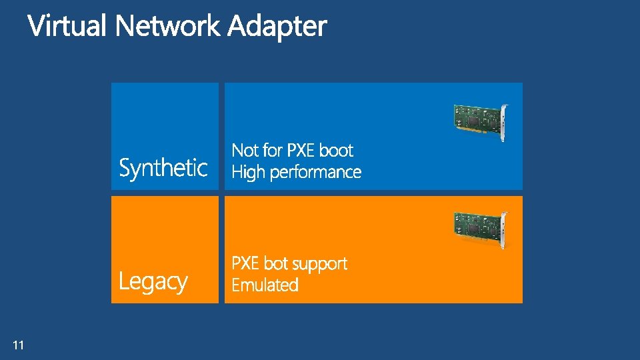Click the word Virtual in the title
click(67, 27)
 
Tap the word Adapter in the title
click(277, 27)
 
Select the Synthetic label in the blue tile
click(163, 167)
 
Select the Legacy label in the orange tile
click(153, 281)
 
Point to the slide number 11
click(18, 345)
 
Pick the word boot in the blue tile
click(336, 150)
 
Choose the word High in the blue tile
click(248, 172)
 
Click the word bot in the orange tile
click(275, 263)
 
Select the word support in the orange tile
click(319, 264)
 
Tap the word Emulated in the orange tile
click(265, 285)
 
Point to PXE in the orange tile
click(245, 263)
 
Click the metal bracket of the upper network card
click(503, 121)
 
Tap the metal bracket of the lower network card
click(503, 229)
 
